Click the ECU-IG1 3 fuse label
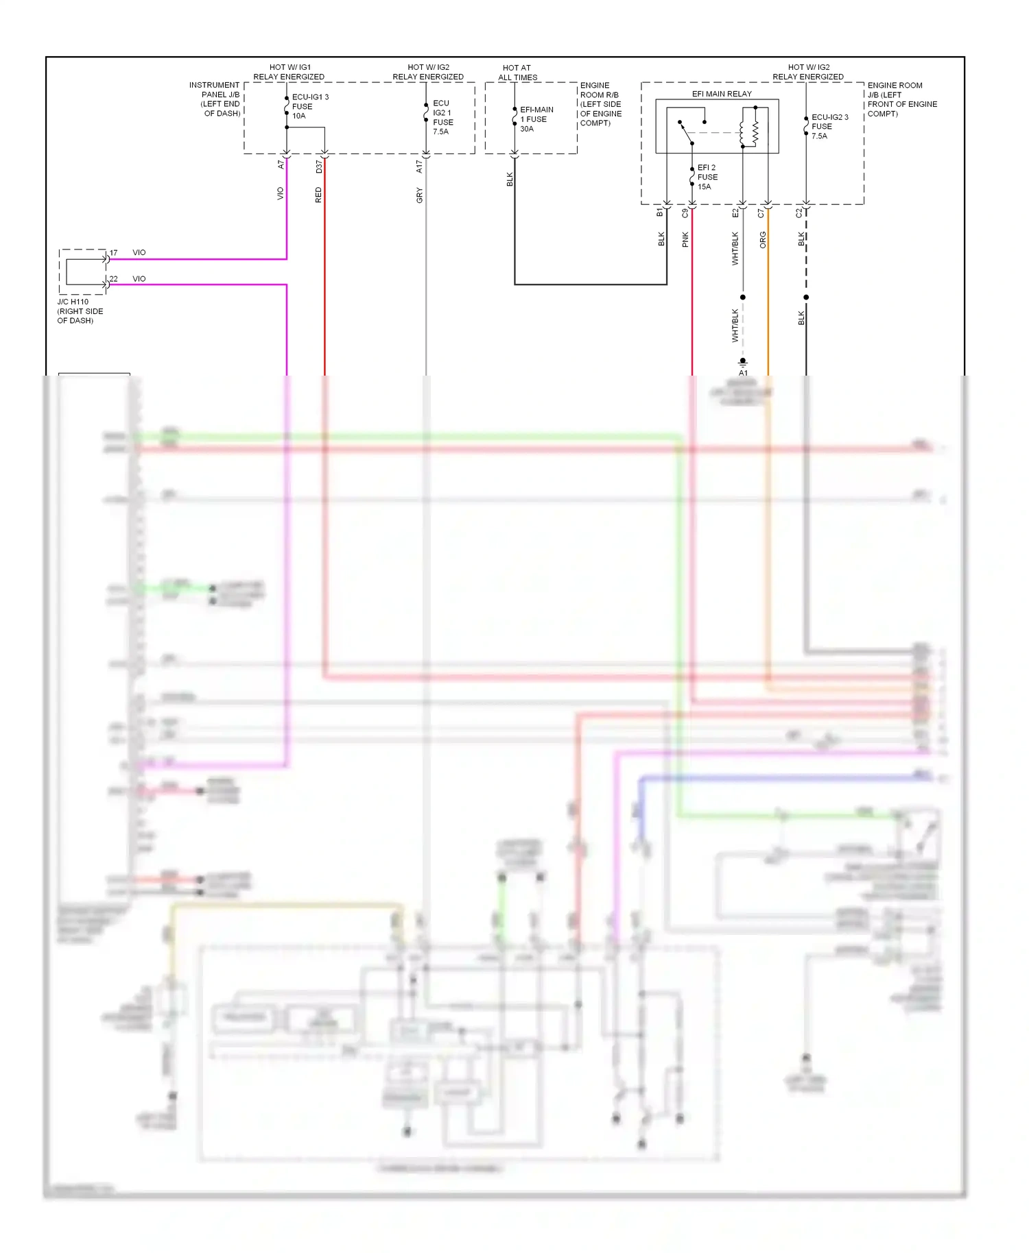310,106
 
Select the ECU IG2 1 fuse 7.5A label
442,117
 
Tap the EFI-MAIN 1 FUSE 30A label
536,119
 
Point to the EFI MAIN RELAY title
722,94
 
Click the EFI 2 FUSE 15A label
707,177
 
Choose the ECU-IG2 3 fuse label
829,126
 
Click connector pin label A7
281,165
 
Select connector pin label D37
319,167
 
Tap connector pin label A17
419,167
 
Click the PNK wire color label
685,239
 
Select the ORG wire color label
763,239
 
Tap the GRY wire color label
419,195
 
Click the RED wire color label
318,195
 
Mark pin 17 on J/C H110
113,253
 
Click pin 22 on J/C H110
113,279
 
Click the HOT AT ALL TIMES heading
517,73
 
